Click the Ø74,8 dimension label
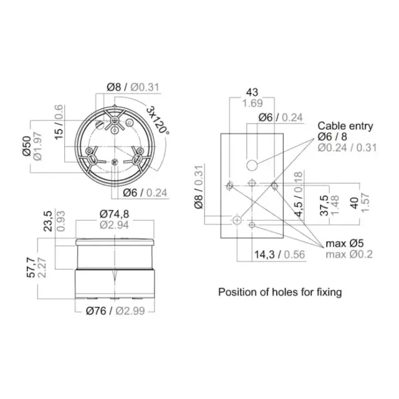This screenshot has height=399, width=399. (114, 214)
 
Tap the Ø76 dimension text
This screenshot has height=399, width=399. (96, 310)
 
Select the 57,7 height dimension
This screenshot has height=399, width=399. (31, 267)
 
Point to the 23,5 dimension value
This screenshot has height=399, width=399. (48, 221)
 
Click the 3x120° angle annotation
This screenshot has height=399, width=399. (158, 120)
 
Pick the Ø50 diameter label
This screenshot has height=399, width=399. (27, 146)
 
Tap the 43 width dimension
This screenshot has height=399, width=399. (252, 92)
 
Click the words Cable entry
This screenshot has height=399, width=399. (345, 126)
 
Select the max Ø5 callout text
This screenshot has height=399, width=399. (345, 244)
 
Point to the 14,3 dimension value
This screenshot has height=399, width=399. (264, 254)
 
